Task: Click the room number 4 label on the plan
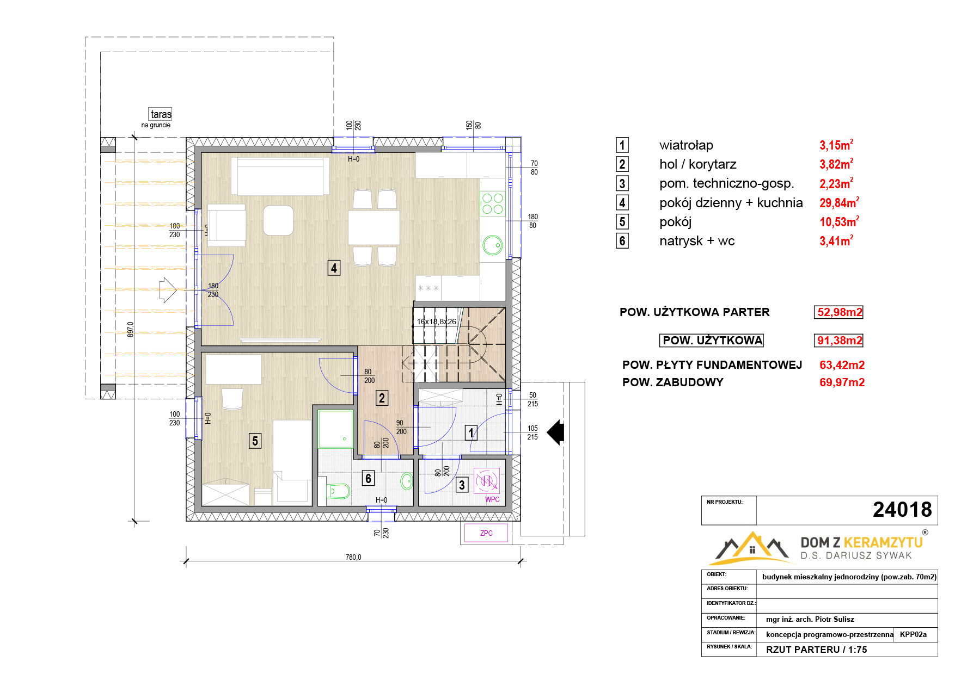tap(334, 268)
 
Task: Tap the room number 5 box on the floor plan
tap(255, 441)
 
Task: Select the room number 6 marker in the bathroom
tap(368, 478)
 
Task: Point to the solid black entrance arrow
tap(555, 432)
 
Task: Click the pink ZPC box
tap(486, 533)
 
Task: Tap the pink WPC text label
tap(492, 499)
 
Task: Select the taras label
tap(161, 114)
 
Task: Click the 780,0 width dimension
tap(353, 557)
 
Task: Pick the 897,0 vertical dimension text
tap(131, 329)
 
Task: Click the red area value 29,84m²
tap(839, 202)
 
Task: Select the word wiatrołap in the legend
tap(686, 145)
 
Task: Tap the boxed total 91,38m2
tap(839, 341)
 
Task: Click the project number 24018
tap(902, 510)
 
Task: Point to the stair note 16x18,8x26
tap(436, 321)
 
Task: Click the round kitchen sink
tap(493, 245)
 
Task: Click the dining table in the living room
tap(374, 227)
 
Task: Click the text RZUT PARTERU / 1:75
tap(816, 650)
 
